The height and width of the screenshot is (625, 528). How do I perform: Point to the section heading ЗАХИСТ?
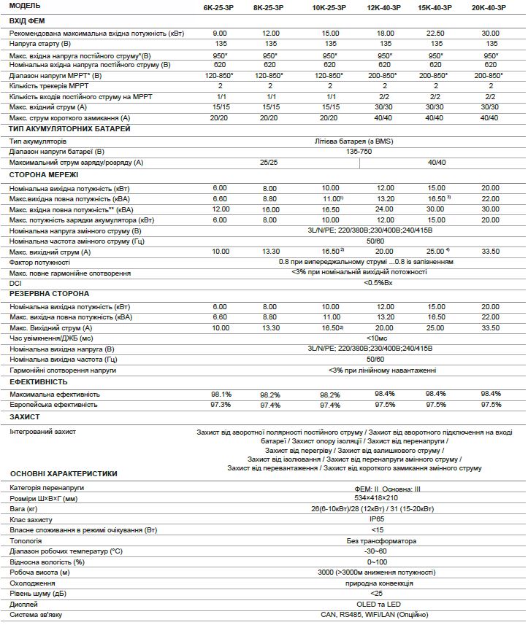click(26, 416)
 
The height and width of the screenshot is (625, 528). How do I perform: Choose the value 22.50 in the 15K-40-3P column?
click(435, 34)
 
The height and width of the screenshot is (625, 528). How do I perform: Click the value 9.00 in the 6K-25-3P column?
click(220, 34)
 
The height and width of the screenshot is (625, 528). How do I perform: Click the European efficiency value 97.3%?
click(221, 404)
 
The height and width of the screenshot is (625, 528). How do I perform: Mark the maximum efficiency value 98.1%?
click(221, 394)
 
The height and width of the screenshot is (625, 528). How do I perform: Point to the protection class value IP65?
click(377, 519)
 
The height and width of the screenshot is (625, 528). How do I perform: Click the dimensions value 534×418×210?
click(377, 498)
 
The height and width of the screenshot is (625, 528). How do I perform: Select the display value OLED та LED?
click(377, 605)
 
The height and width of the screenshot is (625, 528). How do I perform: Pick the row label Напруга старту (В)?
click(41, 44)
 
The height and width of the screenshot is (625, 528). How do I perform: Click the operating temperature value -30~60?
click(377, 551)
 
